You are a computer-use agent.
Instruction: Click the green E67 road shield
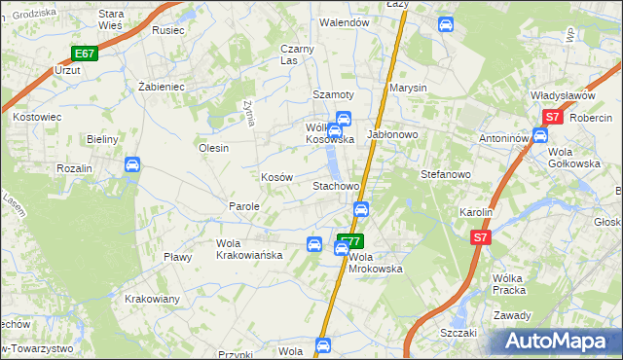(84, 54)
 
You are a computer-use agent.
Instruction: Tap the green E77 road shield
(350, 239)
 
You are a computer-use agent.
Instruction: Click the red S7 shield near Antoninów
(552, 117)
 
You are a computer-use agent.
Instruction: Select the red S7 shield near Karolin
(479, 236)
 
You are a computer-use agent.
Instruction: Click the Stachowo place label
(336, 185)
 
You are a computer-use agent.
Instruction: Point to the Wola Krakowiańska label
(249, 249)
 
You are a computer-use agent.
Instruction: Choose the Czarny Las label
(297, 54)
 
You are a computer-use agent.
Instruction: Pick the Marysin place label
(409, 88)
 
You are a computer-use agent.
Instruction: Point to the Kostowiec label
(38, 117)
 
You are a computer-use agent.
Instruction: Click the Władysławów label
(563, 95)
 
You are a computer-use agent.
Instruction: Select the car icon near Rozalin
(131, 166)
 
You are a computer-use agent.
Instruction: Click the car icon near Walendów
(446, 23)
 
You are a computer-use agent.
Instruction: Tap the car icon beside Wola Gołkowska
(539, 134)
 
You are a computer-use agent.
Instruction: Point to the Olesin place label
(213, 148)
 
